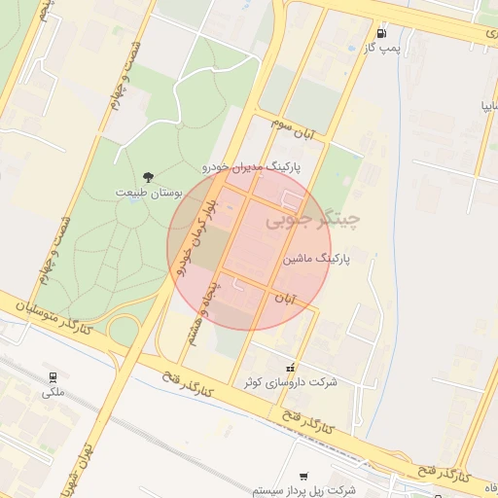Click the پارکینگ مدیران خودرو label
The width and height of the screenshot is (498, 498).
[251, 167]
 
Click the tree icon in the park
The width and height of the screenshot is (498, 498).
[148, 177]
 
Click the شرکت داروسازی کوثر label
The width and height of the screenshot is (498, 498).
[293, 382]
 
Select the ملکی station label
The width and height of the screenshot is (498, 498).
[53, 393]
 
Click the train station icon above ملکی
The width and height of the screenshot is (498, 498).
[53, 376]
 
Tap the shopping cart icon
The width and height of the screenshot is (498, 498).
[303, 477]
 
